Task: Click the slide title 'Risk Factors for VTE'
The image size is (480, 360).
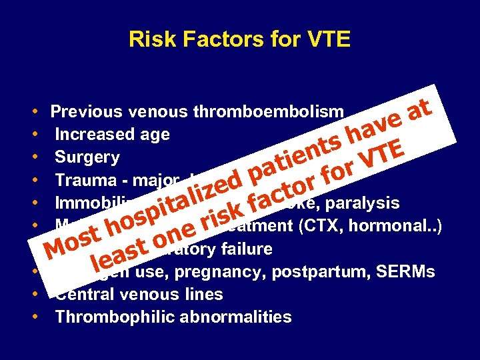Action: coord(239,39)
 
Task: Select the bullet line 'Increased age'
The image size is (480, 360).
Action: coord(112,135)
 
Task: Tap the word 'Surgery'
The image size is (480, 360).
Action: coord(87,157)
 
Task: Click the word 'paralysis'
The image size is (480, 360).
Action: coord(365,203)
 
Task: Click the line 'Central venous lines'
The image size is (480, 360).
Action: coord(139,294)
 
